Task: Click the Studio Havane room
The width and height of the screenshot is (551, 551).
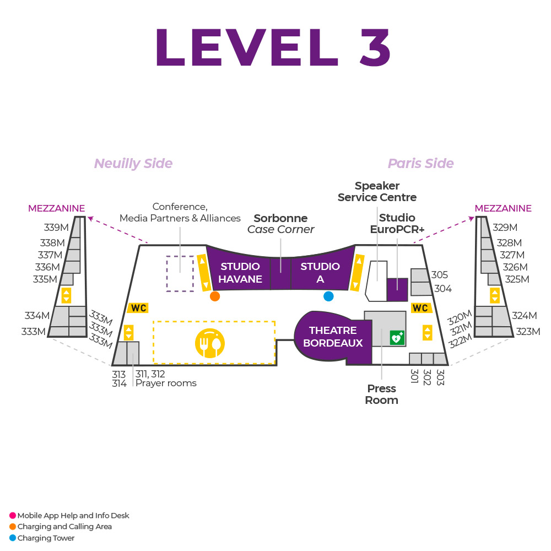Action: pos(240,272)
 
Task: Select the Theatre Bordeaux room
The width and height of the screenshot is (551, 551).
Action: pos(332,337)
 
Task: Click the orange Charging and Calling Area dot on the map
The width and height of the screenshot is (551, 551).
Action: pos(215,296)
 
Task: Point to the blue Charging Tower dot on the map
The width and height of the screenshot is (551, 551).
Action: pos(328,296)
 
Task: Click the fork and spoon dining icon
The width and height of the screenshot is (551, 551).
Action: pos(210,343)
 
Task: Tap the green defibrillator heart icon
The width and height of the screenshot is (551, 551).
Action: pos(397,337)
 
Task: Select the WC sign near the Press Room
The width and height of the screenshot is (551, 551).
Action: pos(420,308)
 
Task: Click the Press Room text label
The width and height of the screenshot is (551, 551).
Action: pos(381,395)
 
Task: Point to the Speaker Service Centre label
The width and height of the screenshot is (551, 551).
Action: pos(377,191)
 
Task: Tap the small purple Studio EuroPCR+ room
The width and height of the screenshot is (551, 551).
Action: pos(397,289)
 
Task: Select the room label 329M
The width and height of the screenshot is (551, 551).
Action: pos(505,228)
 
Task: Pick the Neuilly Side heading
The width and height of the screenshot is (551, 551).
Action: pos(133,164)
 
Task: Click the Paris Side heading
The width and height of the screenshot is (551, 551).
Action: pos(421,164)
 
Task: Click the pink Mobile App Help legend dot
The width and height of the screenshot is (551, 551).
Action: pos(13,516)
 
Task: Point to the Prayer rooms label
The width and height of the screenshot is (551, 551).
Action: pos(166,383)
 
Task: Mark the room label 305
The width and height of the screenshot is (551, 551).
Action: pos(440,275)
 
